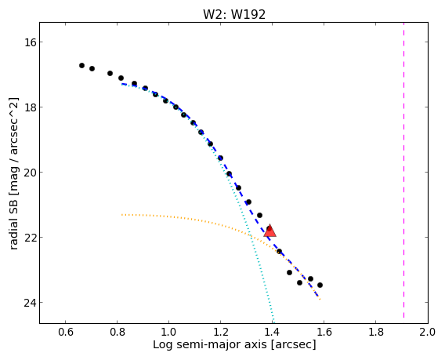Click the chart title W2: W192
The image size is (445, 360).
(x=234, y=14)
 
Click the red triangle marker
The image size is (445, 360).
(x=270, y=231)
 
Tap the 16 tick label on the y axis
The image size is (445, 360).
(x=29, y=42)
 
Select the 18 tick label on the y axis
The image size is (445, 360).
(x=29, y=107)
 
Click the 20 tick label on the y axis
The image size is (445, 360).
(x=29, y=173)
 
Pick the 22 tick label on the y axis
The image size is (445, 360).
(x=29, y=237)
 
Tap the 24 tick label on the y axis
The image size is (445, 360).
(x=29, y=302)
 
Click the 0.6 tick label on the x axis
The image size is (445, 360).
(x=66, y=332)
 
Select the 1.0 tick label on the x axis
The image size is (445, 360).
(x=169, y=332)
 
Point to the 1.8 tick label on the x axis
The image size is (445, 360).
(x=375, y=332)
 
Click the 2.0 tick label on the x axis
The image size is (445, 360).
(x=428, y=332)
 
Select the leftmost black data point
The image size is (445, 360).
(x=81, y=65)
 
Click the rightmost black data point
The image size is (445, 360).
(x=320, y=285)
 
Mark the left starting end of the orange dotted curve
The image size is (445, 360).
(x=122, y=215)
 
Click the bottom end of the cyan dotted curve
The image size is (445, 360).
(x=273, y=322)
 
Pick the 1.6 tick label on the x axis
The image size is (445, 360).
(x=324, y=332)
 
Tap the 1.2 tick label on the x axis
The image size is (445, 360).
(x=220, y=332)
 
